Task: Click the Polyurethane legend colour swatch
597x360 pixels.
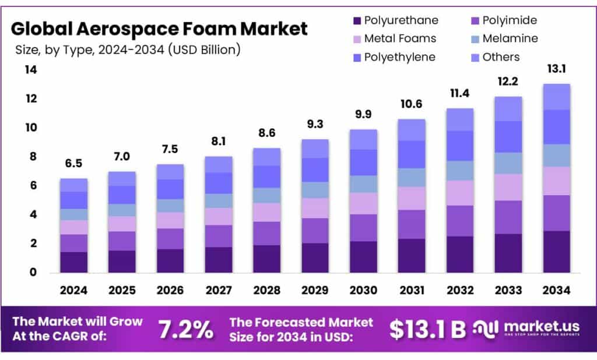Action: click(356, 21)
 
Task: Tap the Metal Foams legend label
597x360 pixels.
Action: click(400, 39)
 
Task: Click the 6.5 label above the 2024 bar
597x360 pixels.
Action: click(73, 165)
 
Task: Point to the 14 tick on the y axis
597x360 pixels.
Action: click(30, 70)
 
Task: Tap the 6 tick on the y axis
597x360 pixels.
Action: click(33, 186)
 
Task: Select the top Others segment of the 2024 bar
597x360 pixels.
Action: click(73, 185)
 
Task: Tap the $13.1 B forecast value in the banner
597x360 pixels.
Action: click(427, 329)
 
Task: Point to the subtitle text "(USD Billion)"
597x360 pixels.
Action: click(205, 50)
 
